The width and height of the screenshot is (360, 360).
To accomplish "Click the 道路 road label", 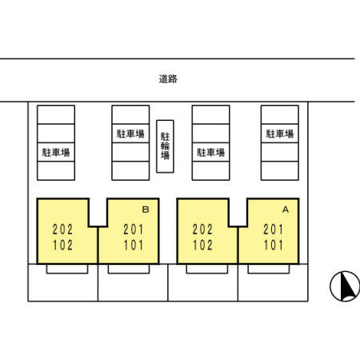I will (167, 79).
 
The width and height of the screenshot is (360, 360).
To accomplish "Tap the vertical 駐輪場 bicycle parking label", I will (166, 146).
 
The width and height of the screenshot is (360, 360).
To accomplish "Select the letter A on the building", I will (285, 209).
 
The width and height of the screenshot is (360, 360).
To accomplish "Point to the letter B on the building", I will (145, 209).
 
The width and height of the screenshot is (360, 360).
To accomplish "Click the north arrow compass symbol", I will (343, 286).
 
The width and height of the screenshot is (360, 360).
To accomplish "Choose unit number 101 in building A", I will (273, 246).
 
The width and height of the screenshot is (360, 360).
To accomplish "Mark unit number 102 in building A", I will (203, 246).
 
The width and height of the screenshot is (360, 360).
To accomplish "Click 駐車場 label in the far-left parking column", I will (55, 151).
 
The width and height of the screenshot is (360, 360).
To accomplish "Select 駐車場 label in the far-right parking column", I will (279, 134).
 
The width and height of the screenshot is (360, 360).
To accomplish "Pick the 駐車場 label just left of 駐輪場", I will (130, 134).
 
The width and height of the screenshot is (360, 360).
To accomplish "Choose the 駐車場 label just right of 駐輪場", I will (210, 151).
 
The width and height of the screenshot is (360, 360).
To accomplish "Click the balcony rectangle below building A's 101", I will (269, 269).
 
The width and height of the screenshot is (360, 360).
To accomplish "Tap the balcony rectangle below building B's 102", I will (67, 269).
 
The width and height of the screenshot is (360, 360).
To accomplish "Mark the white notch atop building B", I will (98, 212).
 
